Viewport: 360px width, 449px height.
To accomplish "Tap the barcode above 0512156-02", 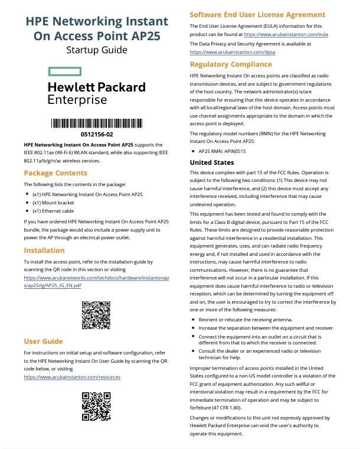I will (96, 123).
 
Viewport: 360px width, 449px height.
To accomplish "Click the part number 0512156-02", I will (96, 135).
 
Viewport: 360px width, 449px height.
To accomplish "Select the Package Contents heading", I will (55, 173).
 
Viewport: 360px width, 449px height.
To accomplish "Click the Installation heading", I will (44, 250).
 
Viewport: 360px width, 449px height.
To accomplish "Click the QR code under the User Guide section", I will (96, 405).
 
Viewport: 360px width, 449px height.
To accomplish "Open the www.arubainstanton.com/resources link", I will (72, 376).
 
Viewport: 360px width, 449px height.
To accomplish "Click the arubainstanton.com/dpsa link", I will (233, 52).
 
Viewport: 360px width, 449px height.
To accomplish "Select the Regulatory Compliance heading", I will (231, 64).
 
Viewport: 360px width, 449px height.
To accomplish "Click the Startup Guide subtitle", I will (97, 50).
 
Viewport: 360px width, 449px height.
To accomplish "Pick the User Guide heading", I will (43, 341).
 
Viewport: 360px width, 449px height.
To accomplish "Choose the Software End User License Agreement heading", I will (256, 14).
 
